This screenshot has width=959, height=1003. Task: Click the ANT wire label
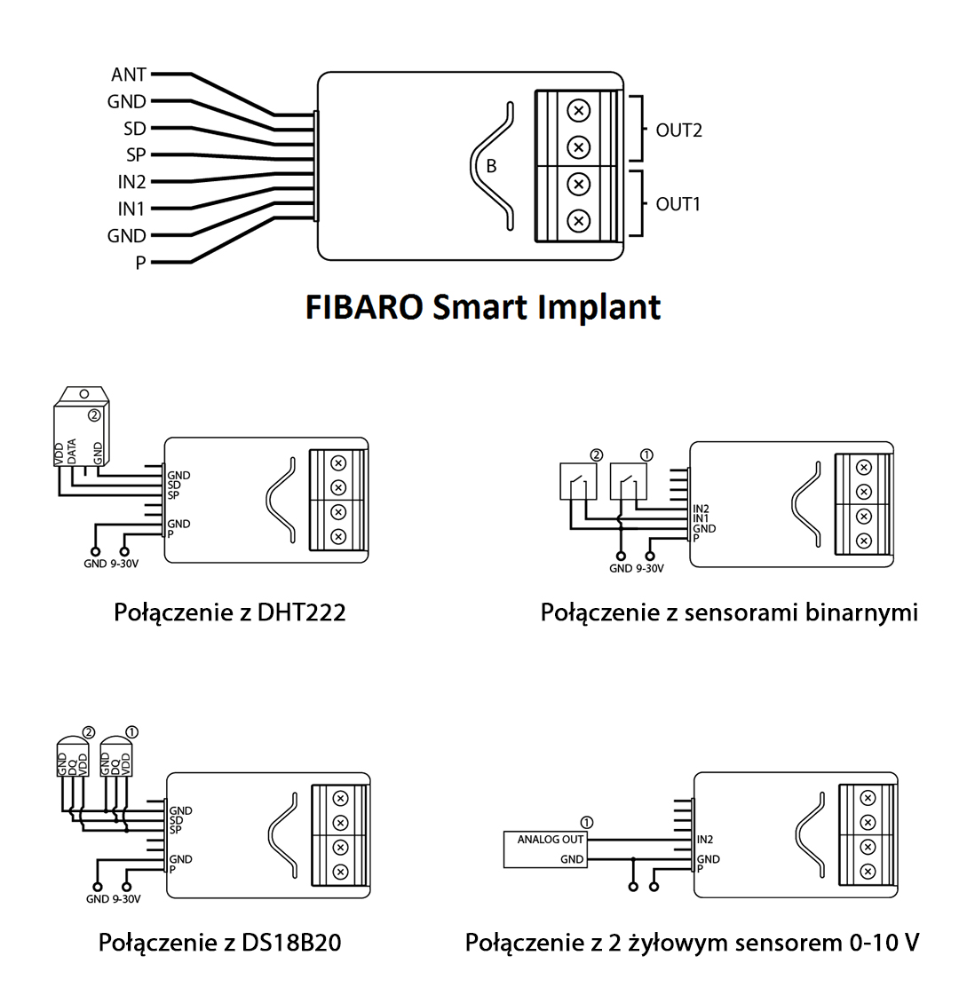(x=129, y=75)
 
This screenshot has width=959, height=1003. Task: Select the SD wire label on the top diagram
(x=135, y=129)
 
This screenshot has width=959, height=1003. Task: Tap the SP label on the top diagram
(x=136, y=155)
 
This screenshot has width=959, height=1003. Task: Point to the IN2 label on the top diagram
(x=131, y=182)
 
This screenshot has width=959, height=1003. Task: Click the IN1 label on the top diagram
(x=131, y=209)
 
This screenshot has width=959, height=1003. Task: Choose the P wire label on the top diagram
(x=140, y=263)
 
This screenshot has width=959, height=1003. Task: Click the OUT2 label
(x=678, y=130)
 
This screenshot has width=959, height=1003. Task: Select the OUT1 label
(x=678, y=204)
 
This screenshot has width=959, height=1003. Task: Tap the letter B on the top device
(x=491, y=166)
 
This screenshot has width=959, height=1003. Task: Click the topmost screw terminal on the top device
(x=578, y=110)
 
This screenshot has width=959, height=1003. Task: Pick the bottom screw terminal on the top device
(x=578, y=220)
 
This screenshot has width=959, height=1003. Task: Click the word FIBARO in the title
(x=363, y=307)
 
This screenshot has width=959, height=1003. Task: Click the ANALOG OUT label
(x=551, y=840)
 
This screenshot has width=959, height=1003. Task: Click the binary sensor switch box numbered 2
(x=578, y=482)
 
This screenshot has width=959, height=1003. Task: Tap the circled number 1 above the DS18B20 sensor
(x=132, y=731)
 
